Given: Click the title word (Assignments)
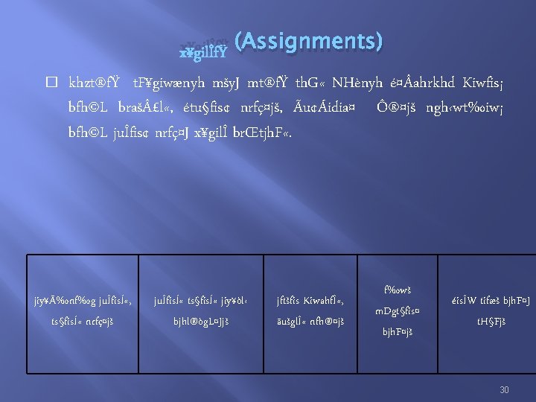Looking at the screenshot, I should (x=308, y=42).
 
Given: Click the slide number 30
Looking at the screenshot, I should (x=504, y=389).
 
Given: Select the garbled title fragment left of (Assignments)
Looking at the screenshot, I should (x=205, y=51).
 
